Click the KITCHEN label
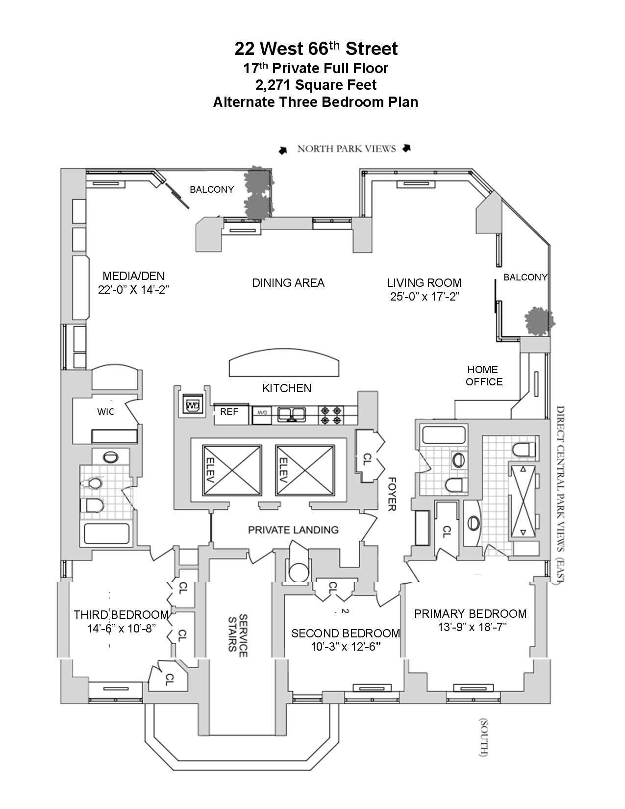coord(287,388)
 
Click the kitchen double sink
coord(292,414)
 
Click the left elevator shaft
coord(231,471)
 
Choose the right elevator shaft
coord(305,471)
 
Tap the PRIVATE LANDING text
coord(293,530)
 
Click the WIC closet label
coord(106,412)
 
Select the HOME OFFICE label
coord(484,375)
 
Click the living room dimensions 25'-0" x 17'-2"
coord(425,297)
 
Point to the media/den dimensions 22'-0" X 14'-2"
coord(134,290)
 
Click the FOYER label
coord(391,494)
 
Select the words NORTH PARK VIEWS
coord(346,149)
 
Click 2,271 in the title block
coord(273,85)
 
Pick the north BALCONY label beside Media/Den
coord(212,189)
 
